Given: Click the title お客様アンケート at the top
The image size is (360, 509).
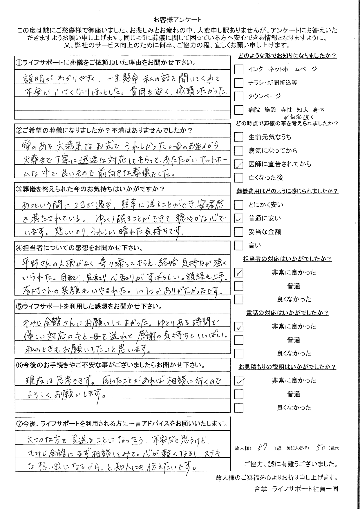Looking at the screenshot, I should [178, 20].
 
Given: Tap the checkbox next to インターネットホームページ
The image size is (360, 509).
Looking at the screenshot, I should [238, 69].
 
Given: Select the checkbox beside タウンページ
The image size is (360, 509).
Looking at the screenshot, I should [238, 96].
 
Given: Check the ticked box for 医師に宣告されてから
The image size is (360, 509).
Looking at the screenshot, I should [238, 164].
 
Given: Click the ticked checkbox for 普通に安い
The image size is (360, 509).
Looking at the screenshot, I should [238, 219].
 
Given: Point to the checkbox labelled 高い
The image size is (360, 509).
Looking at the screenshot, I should [238, 246].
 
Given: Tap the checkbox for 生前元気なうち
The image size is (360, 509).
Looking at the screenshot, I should [238, 137].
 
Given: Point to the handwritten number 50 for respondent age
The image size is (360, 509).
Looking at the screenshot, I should [320, 448].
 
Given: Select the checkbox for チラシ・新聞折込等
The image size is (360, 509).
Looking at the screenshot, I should [238, 83].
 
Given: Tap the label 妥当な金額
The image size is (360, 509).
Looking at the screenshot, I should [265, 232].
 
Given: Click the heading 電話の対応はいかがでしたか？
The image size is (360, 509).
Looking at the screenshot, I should [287, 313].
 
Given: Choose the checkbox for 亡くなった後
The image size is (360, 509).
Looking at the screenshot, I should [238, 178].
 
